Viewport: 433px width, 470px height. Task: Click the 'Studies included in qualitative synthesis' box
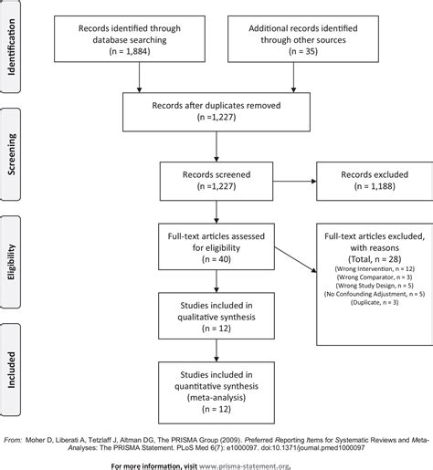click(x=216, y=311)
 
